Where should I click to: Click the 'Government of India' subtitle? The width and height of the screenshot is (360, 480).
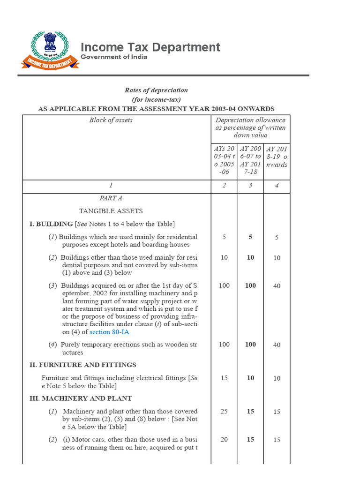tap(114, 57)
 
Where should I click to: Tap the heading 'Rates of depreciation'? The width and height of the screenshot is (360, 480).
tap(156, 90)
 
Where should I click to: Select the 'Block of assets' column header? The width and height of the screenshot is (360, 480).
tap(111, 120)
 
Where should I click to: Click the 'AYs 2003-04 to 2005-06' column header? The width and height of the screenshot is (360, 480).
tap(224, 160)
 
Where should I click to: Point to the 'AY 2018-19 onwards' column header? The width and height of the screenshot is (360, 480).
tap(277, 157)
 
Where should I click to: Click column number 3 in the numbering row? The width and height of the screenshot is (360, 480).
tap(250, 186)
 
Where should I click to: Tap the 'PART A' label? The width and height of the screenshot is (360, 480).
tap(111, 198)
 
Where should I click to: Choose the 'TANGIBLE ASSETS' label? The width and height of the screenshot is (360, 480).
tap(111, 211)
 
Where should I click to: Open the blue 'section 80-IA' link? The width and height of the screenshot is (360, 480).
tap(109, 332)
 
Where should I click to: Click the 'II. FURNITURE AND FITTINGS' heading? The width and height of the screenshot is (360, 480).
tap(82, 365)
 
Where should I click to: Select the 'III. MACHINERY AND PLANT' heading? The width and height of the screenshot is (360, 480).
tap(80, 398)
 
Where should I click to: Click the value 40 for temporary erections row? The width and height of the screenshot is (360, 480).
tap(277, 345)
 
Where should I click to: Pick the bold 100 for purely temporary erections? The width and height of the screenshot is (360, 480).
tap(250, 345)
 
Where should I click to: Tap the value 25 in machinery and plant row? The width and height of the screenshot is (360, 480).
tap(224, 412)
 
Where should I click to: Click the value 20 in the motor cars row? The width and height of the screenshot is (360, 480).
tap(224, 440)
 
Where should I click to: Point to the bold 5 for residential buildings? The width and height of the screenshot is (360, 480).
tap(250, 237)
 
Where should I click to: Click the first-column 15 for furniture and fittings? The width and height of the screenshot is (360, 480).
tap(224, 378)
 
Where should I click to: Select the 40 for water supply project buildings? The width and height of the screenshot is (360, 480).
tap(277, 286)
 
